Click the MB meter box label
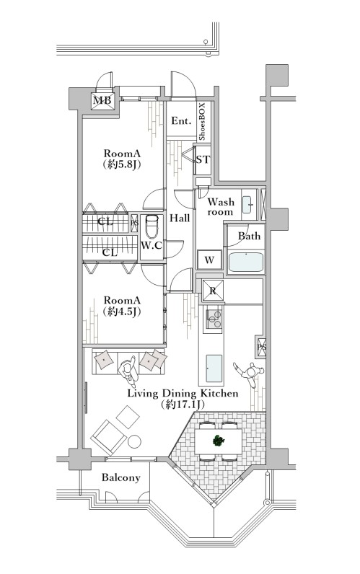(102, 100)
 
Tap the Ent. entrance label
(181, 121)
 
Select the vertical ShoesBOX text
(203, 122)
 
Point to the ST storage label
(203, 159)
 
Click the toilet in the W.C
(152, 226)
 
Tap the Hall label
(180, 218)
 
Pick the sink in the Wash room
(247, 204)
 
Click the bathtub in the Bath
(246, 262)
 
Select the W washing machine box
(209, 260)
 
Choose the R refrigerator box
(213, 291)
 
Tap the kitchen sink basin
(214, 368)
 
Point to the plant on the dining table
(219, 441)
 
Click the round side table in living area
(134, 441)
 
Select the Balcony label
(121, 477)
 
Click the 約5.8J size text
(122, 164)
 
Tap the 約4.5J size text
(122, 312)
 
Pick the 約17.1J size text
(182, 405)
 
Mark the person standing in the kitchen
(250, 373)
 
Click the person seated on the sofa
(128, 371)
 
